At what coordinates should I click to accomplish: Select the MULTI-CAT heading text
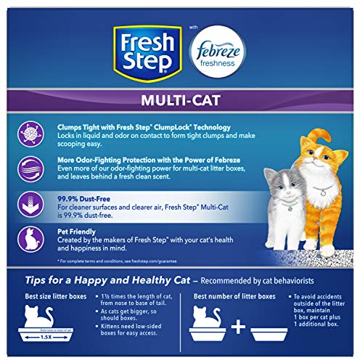click(x=179, y=101)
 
